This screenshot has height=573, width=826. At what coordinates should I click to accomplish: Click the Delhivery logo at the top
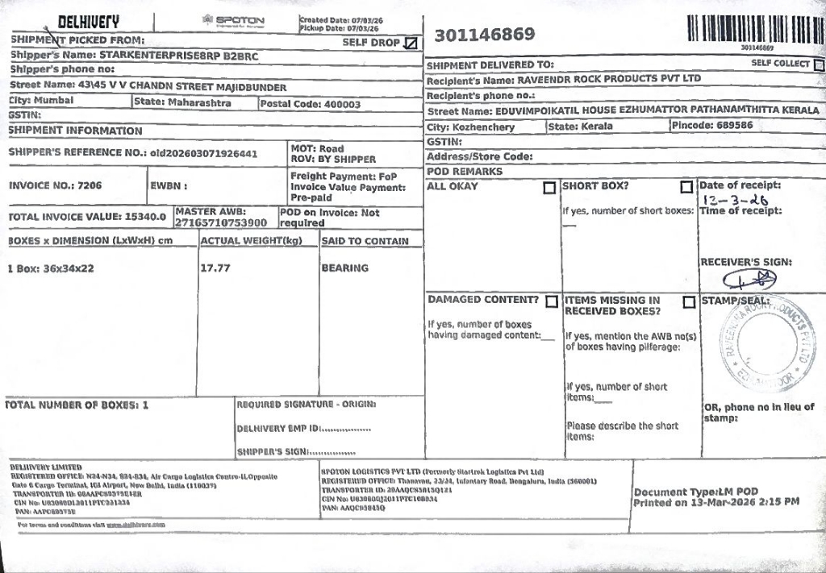(x=88, y=22)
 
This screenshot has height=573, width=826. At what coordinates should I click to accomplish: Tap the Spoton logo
(x=233, y=21)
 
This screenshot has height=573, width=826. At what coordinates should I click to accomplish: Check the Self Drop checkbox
(x=411, y=43)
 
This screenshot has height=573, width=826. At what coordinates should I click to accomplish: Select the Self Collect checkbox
(x=819, y=64)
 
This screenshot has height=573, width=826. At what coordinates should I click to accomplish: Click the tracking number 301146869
(x=485, y=35)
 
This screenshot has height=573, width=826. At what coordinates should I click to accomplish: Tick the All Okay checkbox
(x=549, y=188)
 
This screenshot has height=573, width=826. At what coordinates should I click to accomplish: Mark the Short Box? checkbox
(x=686, y=188)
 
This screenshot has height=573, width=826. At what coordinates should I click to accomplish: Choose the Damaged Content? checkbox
(x=552, y=301)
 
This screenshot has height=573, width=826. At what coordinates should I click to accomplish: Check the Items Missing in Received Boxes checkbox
(x=689, y=302)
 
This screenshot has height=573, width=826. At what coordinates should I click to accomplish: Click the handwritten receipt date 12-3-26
(x=735, y=200)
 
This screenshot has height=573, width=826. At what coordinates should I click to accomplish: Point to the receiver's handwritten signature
(x=749, y=279)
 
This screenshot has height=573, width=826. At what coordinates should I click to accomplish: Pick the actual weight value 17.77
(x=215, y=268)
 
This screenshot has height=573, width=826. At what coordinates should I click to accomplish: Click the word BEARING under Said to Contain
(x=344, y=268)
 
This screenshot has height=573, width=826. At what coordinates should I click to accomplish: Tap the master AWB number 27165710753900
(x=221, y=222)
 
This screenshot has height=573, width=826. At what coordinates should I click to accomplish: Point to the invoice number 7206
(x=90, y=185)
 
